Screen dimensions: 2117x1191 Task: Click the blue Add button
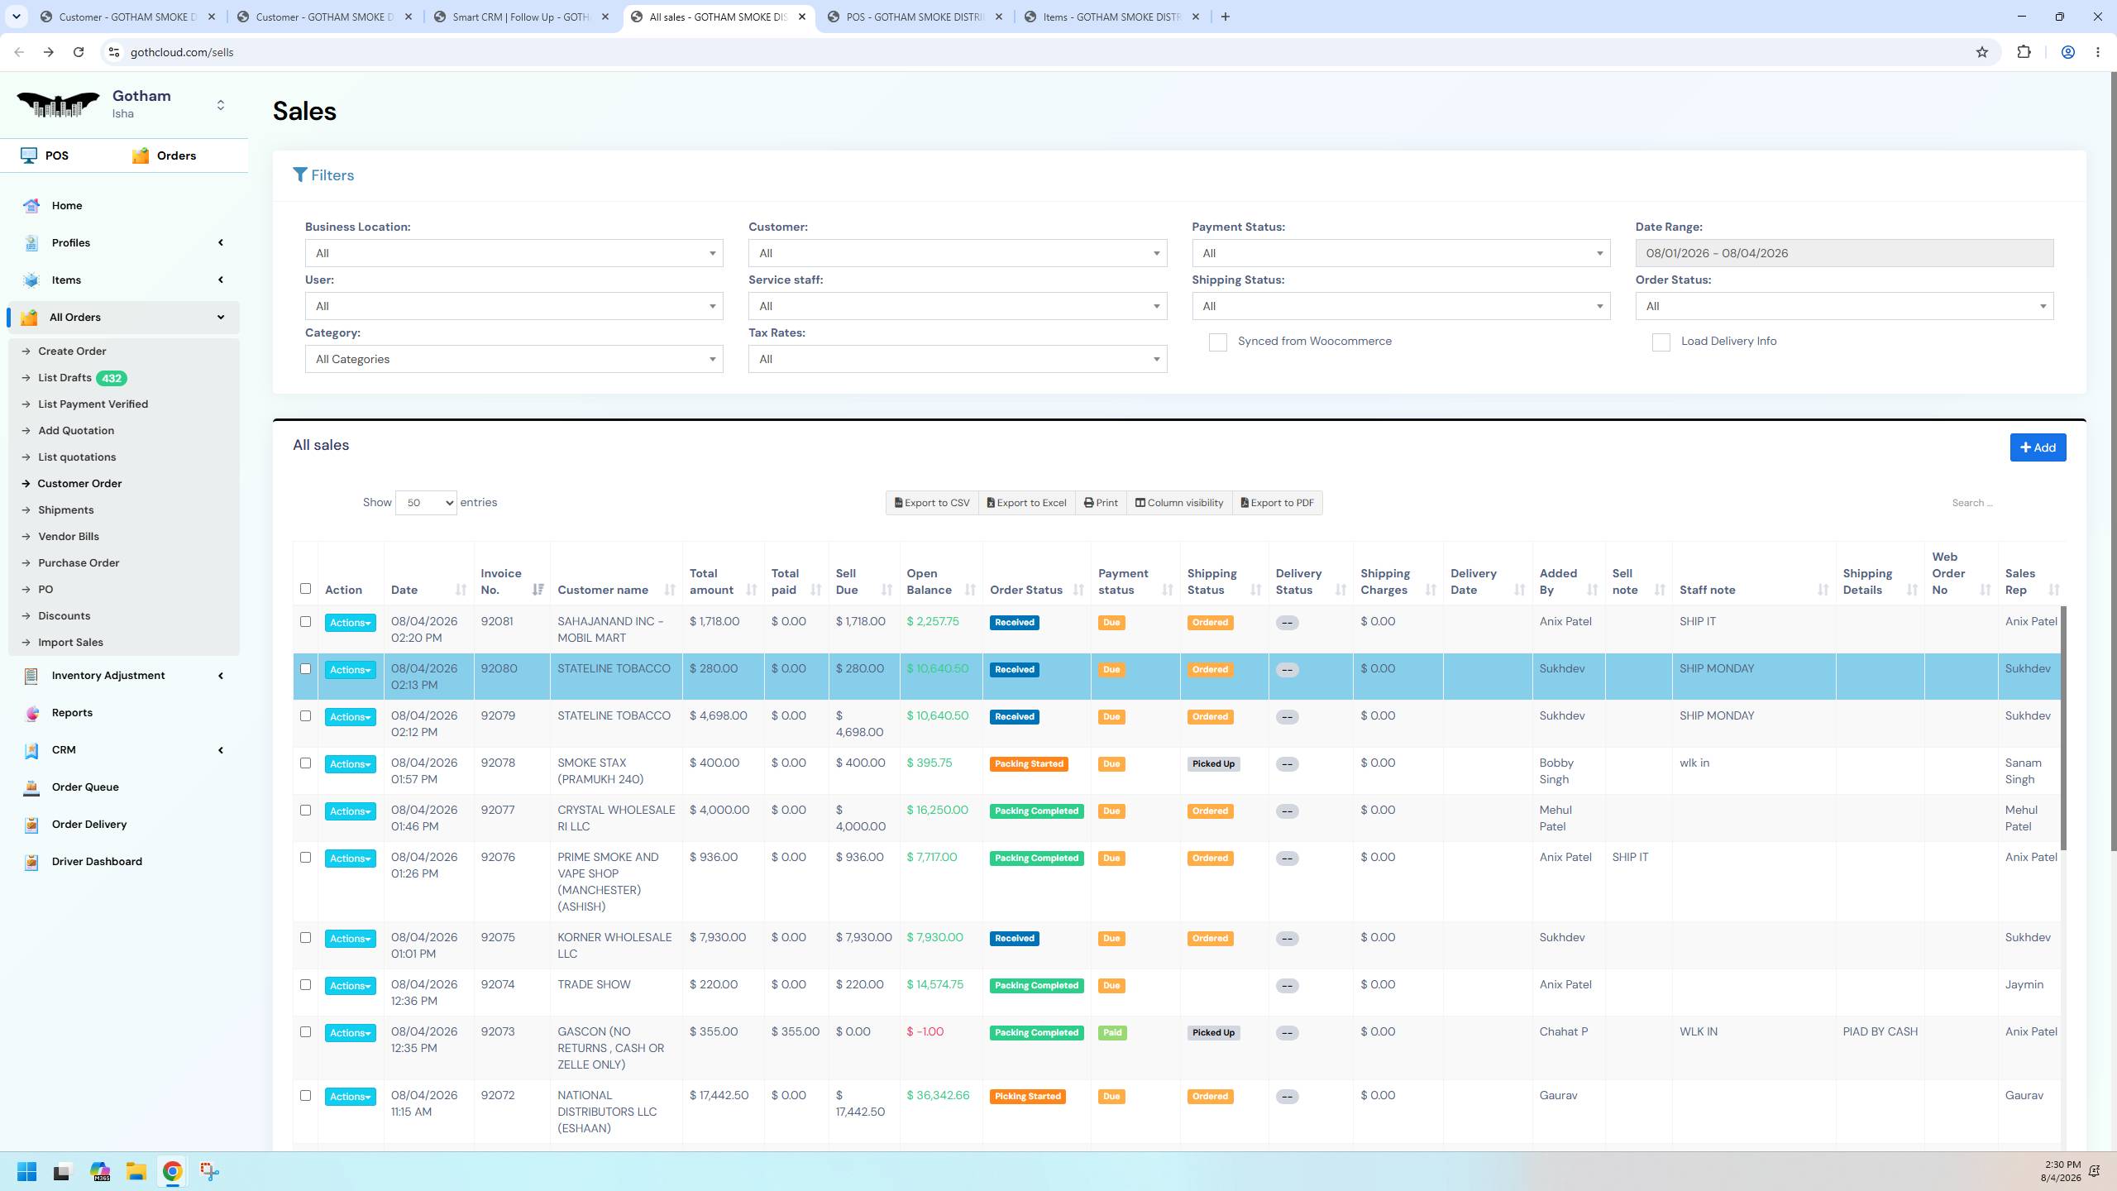(2038, 447)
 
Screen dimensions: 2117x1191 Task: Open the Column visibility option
(1178, 503)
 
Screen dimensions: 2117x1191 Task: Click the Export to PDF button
(1277, 503)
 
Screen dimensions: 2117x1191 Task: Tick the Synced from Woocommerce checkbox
(1217, 342)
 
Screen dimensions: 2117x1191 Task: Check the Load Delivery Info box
(1661, 342)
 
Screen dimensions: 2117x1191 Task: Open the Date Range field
(1844, 253)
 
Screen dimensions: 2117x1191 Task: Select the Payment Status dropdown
(1401, 253)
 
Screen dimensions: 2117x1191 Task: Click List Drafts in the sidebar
(65, 378)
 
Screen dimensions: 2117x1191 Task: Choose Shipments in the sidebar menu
(66, 510)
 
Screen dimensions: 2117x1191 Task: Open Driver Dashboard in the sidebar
(97, 862)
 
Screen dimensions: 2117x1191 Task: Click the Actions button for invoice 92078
(350, 764)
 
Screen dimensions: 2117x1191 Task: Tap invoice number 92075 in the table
(498, 938)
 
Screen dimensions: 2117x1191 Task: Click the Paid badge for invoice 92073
(1112, 1033)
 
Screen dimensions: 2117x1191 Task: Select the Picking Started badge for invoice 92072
(1027, 1097)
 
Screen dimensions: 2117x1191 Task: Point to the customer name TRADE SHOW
(594, 985)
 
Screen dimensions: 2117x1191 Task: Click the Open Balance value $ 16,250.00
(937, 811)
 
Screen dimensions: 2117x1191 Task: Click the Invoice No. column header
(501, 581)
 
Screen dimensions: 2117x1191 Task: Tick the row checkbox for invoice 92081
(305, 622)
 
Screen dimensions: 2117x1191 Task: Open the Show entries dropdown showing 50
(426, 503)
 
